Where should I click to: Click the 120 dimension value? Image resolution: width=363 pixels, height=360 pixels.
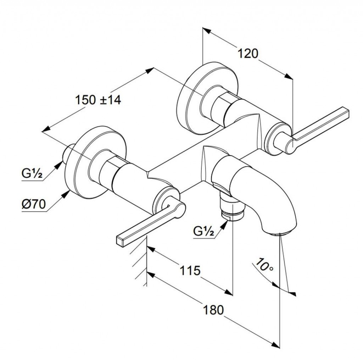pyautogui.click(x=248, y=54)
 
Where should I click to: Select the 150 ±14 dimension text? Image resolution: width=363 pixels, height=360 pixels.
pyautogui.click(x=98, y=100)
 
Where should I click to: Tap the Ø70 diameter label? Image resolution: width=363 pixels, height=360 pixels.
pyautogui.click(x=34, y=204)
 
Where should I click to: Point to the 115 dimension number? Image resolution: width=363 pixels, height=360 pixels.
pyautogui.click(x=190, y=270)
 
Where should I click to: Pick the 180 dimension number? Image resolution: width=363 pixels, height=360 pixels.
pyautogui.click(x=213, y=310)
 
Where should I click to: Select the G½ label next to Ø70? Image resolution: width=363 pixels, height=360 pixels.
pyautogui.click(x=32, y=174)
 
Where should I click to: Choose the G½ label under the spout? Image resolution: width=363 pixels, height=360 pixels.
pyautogui.click(x=203, y=231)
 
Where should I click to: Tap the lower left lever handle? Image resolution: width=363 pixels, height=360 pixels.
pyautogui.click(x=150, y=222)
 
